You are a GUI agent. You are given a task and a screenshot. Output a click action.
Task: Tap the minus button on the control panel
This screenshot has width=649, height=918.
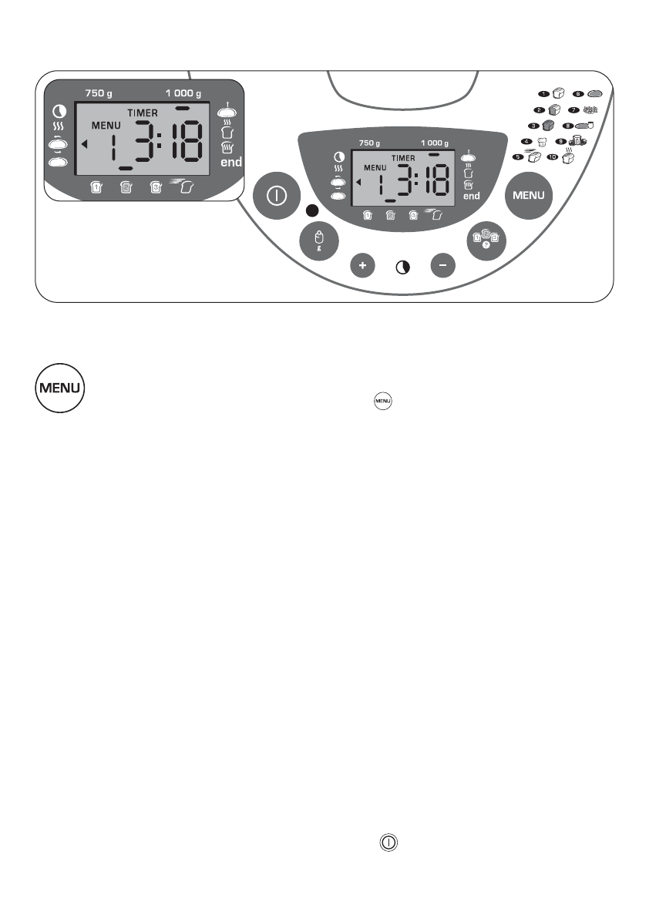443,265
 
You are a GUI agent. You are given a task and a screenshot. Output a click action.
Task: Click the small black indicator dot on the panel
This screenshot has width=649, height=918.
312,211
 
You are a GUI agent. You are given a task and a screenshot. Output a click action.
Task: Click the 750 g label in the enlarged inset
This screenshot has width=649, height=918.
99,93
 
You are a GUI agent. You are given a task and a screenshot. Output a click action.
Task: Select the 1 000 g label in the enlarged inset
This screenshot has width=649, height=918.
183,93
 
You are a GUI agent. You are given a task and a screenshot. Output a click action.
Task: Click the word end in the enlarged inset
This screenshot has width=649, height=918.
231,163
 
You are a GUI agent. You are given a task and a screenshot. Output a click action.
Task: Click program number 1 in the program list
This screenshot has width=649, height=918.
543,93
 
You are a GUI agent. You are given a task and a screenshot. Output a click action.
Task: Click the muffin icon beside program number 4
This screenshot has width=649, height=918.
541,141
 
